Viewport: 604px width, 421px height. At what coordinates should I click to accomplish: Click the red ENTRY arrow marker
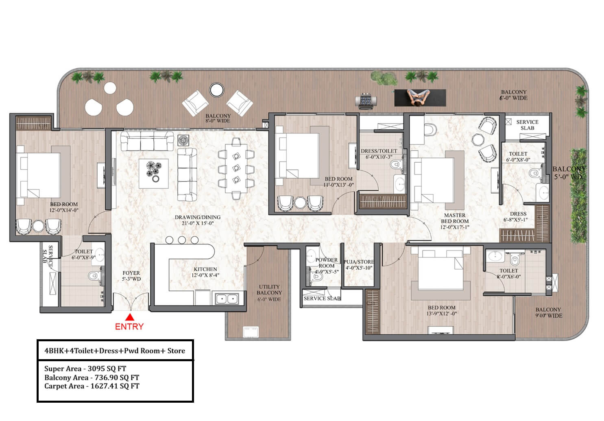(130, 317)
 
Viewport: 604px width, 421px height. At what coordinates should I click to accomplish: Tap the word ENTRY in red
(129, 327)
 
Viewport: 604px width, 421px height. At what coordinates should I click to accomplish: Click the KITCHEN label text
(205, 269)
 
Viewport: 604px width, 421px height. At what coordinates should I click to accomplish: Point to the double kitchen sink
(227, 299)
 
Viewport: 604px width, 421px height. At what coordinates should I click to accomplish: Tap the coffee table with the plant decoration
(154, 173)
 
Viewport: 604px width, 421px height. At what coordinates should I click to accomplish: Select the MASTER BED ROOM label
(455, 218)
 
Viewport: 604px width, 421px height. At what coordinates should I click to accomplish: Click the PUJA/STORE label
(359, 262)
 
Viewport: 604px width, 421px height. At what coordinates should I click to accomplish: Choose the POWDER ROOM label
(327, 263)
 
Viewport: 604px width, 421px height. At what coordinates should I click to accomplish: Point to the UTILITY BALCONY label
(269, 290)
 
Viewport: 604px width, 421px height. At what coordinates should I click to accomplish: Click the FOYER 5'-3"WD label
(131, 276)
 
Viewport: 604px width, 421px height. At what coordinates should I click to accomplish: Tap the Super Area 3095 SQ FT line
(85, 369)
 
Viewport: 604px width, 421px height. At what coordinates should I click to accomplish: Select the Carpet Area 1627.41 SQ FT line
(92, 386)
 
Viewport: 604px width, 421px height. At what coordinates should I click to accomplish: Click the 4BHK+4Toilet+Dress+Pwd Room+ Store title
(115, 351)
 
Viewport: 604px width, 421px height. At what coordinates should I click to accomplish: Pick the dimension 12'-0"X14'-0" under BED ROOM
(64, 210)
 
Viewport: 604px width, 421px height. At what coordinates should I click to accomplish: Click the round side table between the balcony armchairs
(216, 90)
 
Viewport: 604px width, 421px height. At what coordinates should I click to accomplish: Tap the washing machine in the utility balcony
(251, 332)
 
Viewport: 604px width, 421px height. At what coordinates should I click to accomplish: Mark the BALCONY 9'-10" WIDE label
(548, 312)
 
